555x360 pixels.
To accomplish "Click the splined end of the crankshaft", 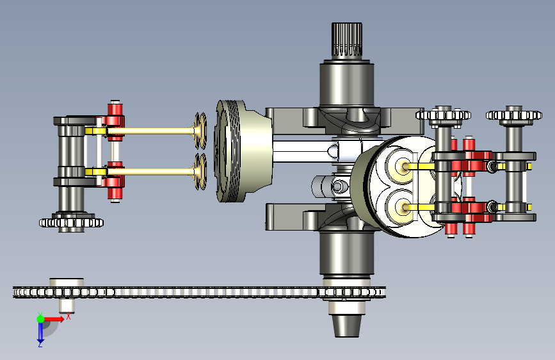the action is point(347,40).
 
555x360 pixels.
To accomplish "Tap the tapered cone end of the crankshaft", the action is point(347,325).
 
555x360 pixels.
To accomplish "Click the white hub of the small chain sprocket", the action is point(67,295).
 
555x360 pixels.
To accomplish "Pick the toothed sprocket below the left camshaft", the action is point(71,222).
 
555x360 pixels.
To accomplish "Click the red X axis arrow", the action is point(54,319).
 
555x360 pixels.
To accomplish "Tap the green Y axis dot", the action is point(41,319).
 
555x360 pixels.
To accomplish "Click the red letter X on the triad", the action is point(68,316).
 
